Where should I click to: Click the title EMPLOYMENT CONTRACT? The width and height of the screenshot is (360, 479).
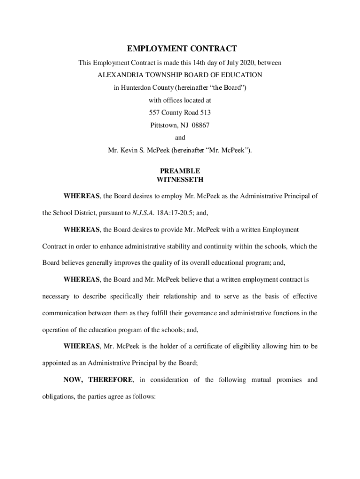(182, 49)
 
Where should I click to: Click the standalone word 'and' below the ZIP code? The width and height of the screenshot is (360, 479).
(180, 138)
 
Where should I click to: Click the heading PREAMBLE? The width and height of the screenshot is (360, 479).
(180, 171)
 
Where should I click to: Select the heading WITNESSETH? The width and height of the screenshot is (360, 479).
(180, 180)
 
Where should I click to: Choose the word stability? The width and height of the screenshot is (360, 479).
(192, 246)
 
